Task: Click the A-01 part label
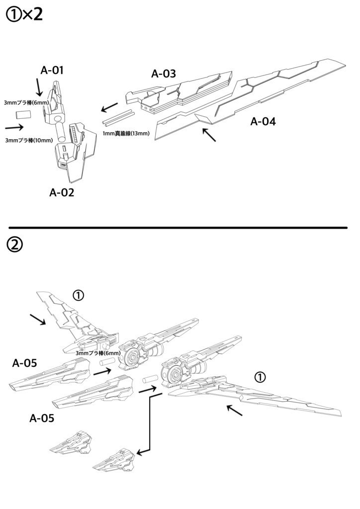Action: pyautogui.click(x=52, y=71)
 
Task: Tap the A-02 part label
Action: pyautogui.click(x=62, y=192)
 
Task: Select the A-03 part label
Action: pyautogui.click(x=164, y=74)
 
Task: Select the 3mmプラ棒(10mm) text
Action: pyautogui.click(x=28, y=140)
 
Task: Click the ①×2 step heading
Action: pyautogui.click(x=24, y=14)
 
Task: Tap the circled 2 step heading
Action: pyautogui.click(x=14, y=244)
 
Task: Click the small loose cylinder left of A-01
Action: pyautogui.click(x=23, y=115)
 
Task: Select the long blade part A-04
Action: pyautogui.click(x=249, y=99)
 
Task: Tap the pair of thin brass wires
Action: pyautogui.click(x=118, y=117)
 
